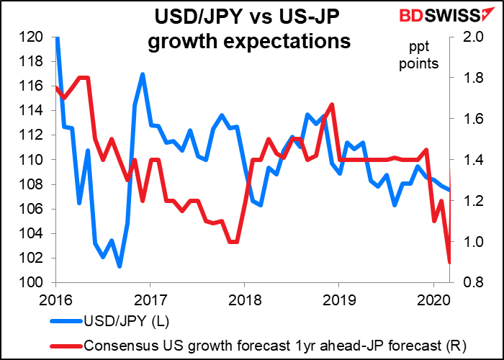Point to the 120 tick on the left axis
tap(35, 37)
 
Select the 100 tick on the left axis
tap(35, 283)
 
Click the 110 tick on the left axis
tap(35, 160)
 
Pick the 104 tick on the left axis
tap(35, 234)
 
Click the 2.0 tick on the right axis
tap(466, 37)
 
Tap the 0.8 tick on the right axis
tap(466, 283)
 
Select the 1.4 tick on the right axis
tap(466, 160)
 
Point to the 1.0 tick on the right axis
tap(466, 242)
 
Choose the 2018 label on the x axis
tap(245, 297)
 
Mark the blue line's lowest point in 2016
tap(120, 266)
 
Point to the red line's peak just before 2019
tap(331, 104)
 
